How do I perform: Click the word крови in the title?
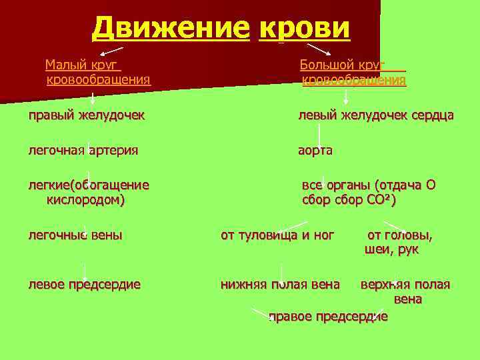tap(303, 28)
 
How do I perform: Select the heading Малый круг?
tap(82, 65)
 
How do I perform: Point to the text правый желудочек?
tap(87, 115)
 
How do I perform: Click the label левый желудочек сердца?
tap(375, 115)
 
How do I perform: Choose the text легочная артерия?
tap(83, 150)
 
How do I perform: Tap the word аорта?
tap(315, 150)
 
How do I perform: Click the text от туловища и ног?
tap(277, 235)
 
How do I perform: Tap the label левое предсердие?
tap(84, 284)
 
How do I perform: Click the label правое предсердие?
tap(328, 315)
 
